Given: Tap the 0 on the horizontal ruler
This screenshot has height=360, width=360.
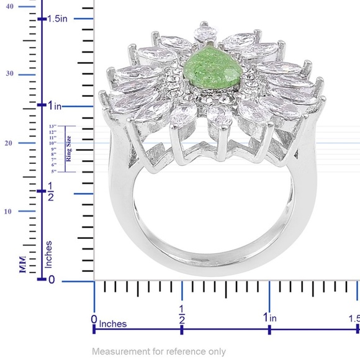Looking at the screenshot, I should coord(94,319).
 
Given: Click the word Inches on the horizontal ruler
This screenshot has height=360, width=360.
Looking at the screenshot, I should coord(114,324).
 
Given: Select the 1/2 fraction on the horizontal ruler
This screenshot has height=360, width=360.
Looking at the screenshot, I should coord(182,313).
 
